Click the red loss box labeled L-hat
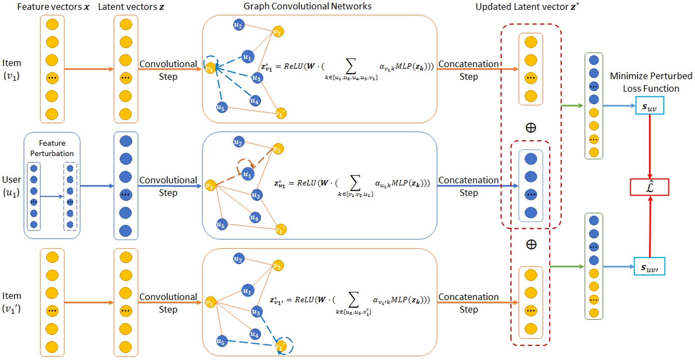click(x=649, y=187)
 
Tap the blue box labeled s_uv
click(x=649, y=106)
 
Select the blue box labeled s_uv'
click(x=649, y=267)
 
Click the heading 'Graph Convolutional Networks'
click(x=307, y=6)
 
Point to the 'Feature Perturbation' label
click(x=52, y=148)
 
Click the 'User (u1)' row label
click(x=11, y=186)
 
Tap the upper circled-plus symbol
click(x=531, y=127)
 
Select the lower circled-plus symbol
click(x=531, y=244)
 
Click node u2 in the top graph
click(x=238, y=25)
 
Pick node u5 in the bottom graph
click(x=221, y=341)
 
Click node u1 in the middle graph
click(x=248, y=174)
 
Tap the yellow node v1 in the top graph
click(x=210, y=68)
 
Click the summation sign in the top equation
click(x=351, y=66)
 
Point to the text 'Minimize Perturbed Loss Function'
click(x=650, y=82)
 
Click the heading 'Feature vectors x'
click(x=53, y=7)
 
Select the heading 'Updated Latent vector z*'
click(x=527, y=7)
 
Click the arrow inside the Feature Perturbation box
click(x=52, y=196)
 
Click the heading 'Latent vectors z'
click(x=131, y=7)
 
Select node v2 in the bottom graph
click(x=278, y=265)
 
